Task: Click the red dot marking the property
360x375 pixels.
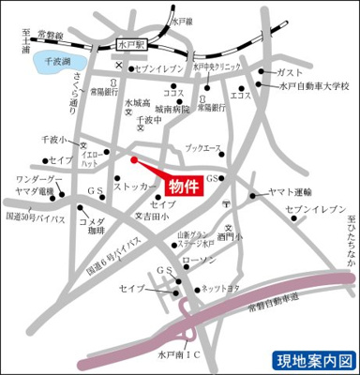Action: click(x=133, y=159)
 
